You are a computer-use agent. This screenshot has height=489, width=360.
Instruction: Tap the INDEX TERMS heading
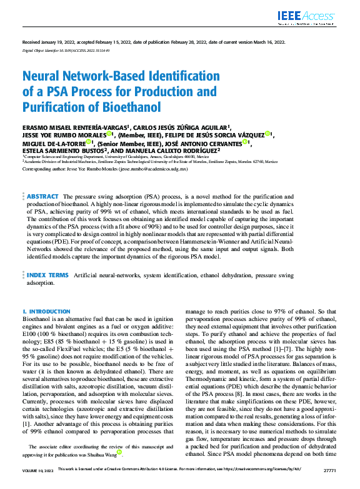pyautogui.click(x=47, y=275)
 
